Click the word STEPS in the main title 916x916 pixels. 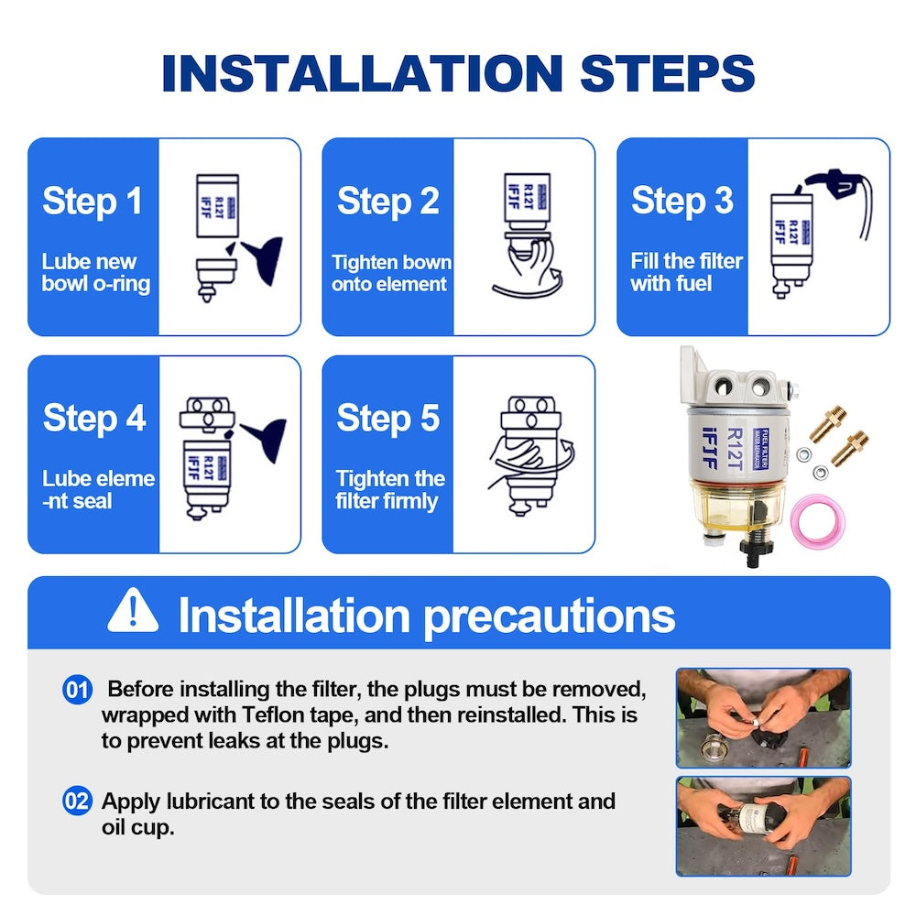pos(667,73)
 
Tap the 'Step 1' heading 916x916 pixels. pos(93,202)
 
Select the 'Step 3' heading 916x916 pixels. pos(682,202)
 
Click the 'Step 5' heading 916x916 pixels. pos(387,419)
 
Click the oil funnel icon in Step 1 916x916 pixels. pos(261,258)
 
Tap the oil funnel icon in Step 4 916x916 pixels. pos(265,440)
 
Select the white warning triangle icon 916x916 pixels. pos(133,611)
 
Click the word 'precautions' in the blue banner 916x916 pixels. pos(549,616)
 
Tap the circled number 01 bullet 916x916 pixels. pos(77,690)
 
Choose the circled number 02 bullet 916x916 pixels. pos(77,801)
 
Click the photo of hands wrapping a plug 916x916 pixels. pos(764,718)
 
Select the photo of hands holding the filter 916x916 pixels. pos(764,826)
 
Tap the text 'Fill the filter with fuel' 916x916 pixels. pos(686,272)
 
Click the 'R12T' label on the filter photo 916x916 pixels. pos(735,449)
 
